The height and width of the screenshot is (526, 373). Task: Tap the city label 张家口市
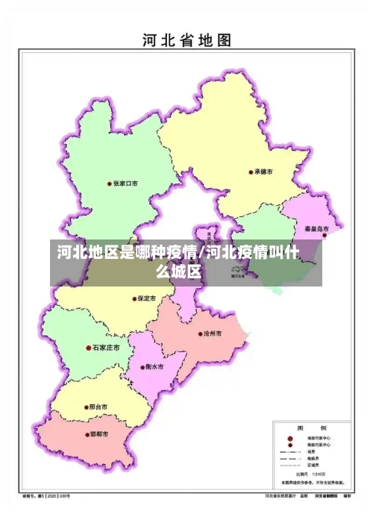tap(126, 183)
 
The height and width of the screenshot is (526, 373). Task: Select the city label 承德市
tap(263, 172)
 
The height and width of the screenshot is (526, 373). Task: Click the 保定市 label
tap(147, 298)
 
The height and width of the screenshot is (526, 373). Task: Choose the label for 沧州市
tap(213, 334)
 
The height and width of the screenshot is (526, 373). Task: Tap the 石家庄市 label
tap(107, 348)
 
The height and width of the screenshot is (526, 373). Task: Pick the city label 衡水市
tap(155, 366)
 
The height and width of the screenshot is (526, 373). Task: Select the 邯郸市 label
tap(98, 434)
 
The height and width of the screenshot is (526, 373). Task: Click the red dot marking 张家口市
tap(110, 183)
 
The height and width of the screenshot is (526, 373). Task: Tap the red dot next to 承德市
tap(251, 172)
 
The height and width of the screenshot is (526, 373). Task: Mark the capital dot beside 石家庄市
tap(89, 348)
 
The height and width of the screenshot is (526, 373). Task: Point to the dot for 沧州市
tap(199, 334)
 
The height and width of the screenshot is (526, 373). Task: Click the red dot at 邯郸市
tap(85, 434)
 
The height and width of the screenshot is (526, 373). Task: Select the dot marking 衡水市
tap(143, 366)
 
